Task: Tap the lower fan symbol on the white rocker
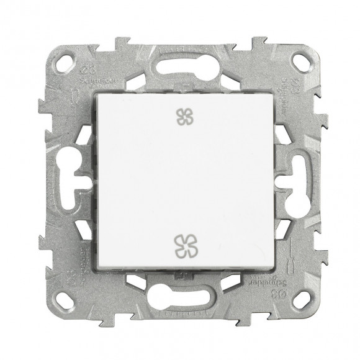coord(181,244)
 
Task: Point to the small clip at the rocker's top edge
coord(181,92)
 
